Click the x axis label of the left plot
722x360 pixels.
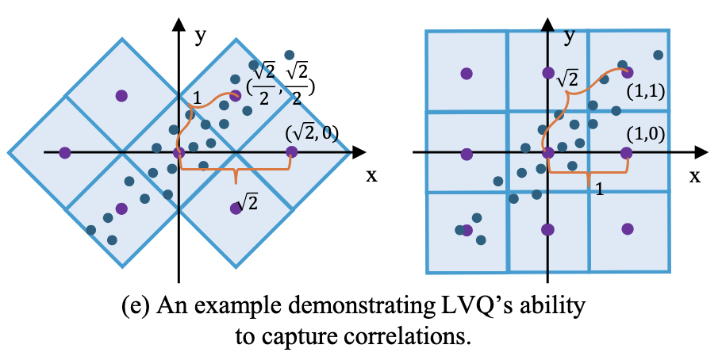[371, 175]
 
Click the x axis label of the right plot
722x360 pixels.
[695, 176]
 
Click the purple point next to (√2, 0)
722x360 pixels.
[291, 151]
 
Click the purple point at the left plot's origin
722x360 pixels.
[179, 151]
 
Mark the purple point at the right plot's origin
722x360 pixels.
[547, 152]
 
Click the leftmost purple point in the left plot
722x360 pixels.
[66, 151]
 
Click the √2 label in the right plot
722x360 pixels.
[566, 78]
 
